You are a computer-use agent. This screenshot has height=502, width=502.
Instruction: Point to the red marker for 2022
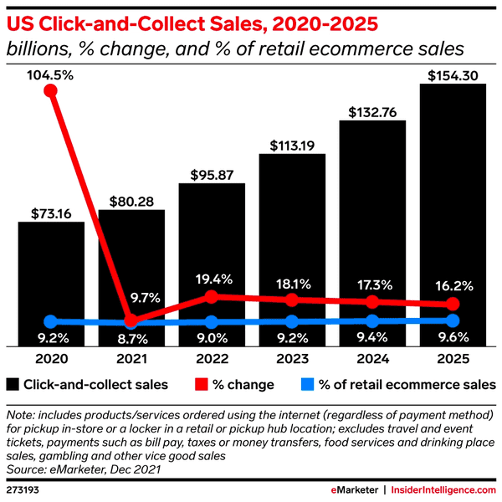[x=212, y=296]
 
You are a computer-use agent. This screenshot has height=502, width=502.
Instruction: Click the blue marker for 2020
[x=51, y=321]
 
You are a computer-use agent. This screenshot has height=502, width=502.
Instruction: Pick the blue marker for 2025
[x=453, y=320]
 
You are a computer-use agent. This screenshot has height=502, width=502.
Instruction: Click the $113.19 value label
[x=292, y=145]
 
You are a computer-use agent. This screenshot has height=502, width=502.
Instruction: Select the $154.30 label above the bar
[x=453, y=75]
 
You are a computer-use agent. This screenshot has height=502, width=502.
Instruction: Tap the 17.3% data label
[x=372, y=283]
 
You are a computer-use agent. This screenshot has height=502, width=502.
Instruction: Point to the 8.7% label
[x=131, y=339]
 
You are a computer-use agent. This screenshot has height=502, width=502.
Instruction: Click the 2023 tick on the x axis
[x=292, y=357]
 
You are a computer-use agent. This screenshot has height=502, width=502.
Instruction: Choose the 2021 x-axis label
[x=131, y=357]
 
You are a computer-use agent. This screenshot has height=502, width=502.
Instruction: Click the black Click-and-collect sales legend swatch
[x=12, y=385]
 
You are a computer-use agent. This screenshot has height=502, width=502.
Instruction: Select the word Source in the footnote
[x=24, y=471]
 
